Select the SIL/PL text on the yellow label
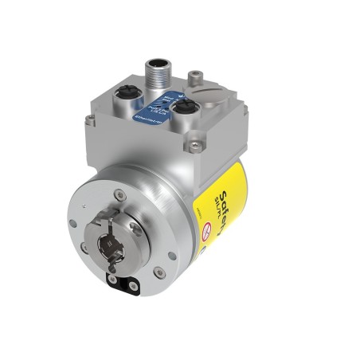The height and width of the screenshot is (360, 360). pos(217,196)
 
